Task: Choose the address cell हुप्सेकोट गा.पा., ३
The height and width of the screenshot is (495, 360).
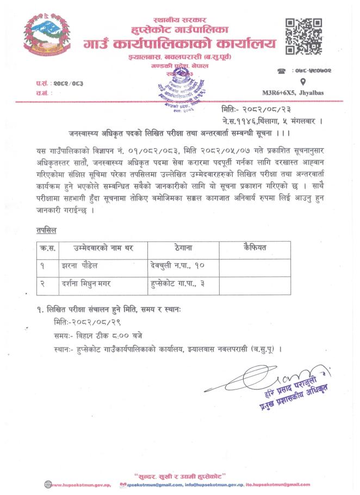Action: [177, 283]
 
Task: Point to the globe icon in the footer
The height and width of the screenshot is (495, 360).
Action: [47, 484]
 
